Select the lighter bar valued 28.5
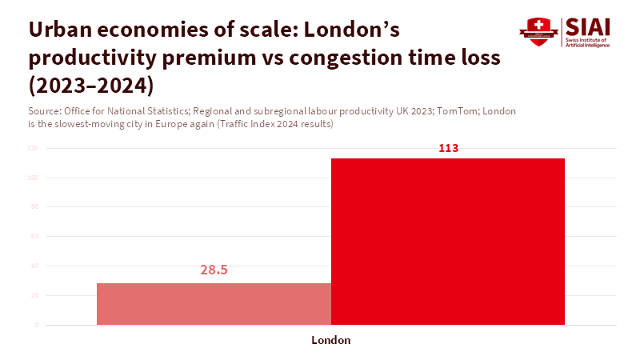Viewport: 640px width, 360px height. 214,304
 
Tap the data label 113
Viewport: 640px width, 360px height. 448,148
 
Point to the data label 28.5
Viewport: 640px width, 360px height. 214,270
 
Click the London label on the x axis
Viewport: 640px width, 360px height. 330,340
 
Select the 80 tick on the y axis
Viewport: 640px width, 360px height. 34,207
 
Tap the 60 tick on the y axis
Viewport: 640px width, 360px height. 34,237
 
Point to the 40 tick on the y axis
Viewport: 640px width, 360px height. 34,266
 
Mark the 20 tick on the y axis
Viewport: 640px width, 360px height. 34,296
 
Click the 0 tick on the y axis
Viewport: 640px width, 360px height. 36,326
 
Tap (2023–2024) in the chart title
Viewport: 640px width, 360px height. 90,85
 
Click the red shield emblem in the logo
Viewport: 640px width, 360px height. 537,31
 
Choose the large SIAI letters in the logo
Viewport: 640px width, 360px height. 588,26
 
